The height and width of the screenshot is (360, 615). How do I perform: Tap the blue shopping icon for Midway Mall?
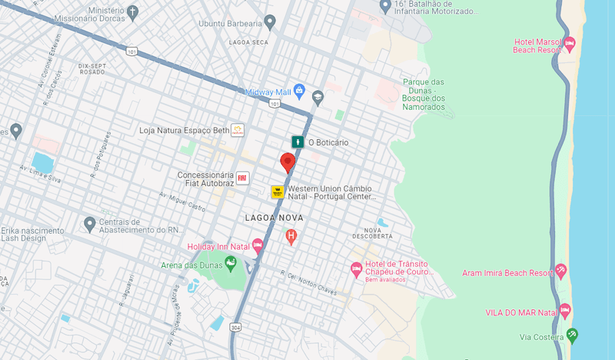coord(299,92)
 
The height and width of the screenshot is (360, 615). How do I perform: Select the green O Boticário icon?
coord(297,142)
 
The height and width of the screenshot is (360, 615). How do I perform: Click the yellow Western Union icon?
coord(278,192)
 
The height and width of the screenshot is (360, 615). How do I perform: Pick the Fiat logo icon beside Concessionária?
coord(242,178)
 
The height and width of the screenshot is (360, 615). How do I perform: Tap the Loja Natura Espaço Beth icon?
coord(238,130)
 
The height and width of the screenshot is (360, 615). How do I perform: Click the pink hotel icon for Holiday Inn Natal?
coord(258,246)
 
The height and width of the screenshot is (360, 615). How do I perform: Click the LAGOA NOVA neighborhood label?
coord(274,218)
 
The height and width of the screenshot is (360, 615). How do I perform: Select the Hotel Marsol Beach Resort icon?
coord(570,44)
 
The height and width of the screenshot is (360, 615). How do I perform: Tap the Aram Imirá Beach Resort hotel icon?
coord(561,272)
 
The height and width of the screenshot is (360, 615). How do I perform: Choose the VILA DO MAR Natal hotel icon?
coord(566,312)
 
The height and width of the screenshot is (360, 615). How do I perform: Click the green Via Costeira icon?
coord(570,335)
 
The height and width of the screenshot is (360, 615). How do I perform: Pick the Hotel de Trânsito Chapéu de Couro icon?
coord(356,268)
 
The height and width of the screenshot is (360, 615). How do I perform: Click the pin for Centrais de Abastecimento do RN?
coord(90,224)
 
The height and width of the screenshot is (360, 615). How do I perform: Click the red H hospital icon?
coord(291,236)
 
